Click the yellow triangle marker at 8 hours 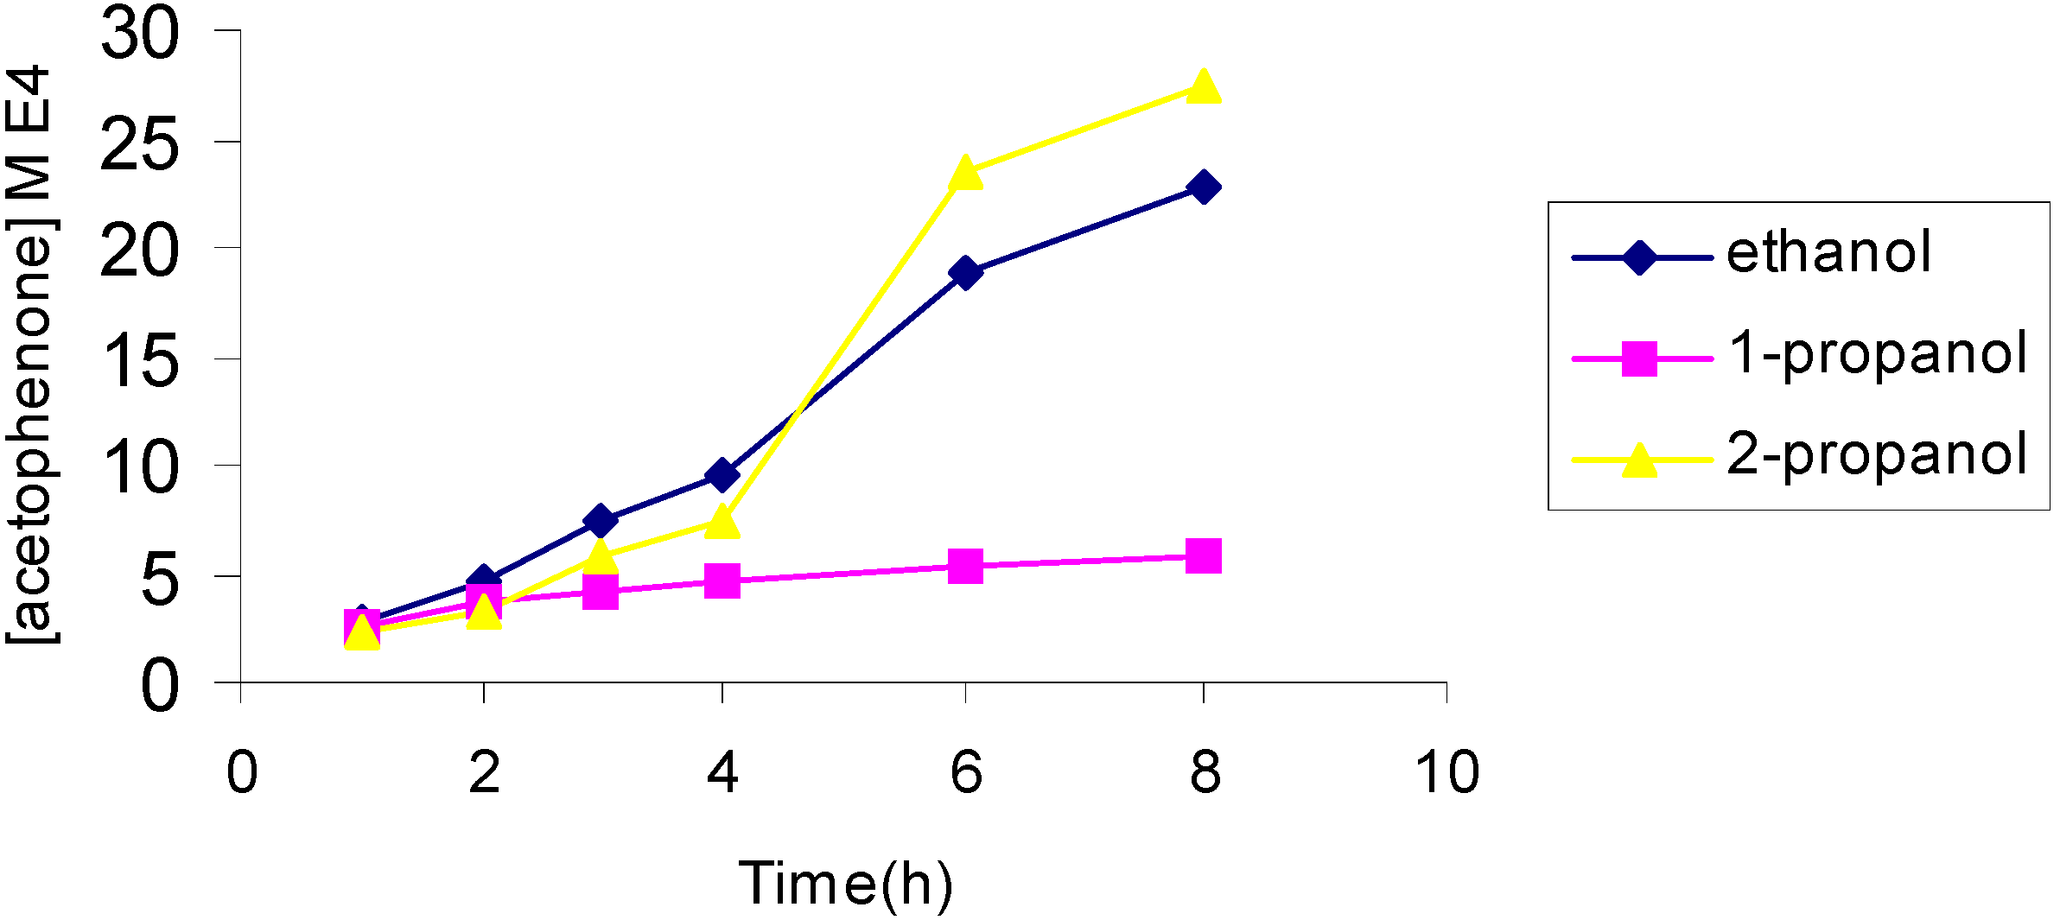1204,88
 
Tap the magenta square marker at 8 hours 1204,556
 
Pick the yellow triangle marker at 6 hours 965,174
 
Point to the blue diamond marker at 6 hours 965,273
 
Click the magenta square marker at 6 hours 965,566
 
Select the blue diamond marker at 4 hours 722,475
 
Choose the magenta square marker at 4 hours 722,581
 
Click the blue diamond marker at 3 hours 601,521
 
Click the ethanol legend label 1828,252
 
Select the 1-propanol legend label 1877,353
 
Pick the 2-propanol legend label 1877,454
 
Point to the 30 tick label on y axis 140,35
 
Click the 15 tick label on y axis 140,360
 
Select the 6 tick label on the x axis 966,771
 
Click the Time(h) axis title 846,884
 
